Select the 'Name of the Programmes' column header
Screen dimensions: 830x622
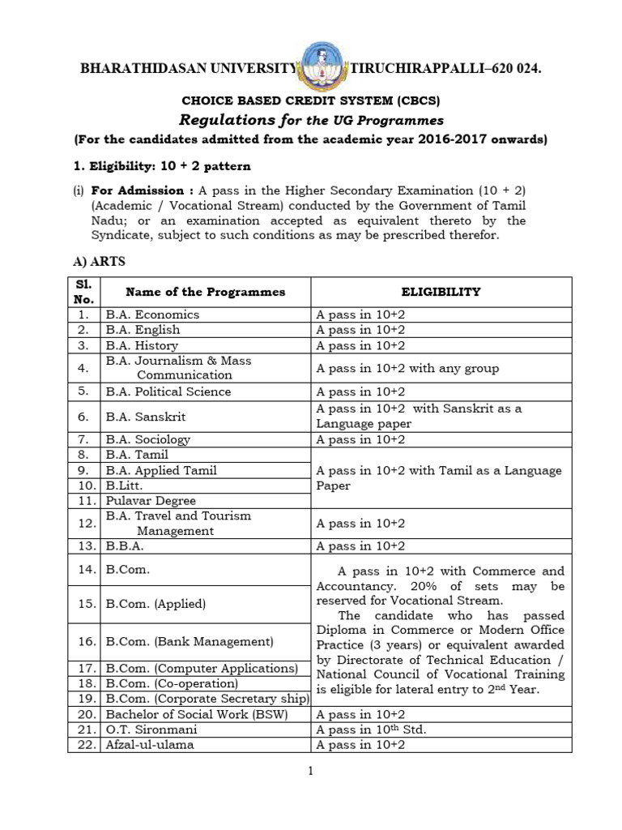(x=194, y=292)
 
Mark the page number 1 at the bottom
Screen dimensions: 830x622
(x=309, y=771)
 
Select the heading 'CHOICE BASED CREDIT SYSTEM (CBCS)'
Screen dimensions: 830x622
(x=310, y=101)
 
